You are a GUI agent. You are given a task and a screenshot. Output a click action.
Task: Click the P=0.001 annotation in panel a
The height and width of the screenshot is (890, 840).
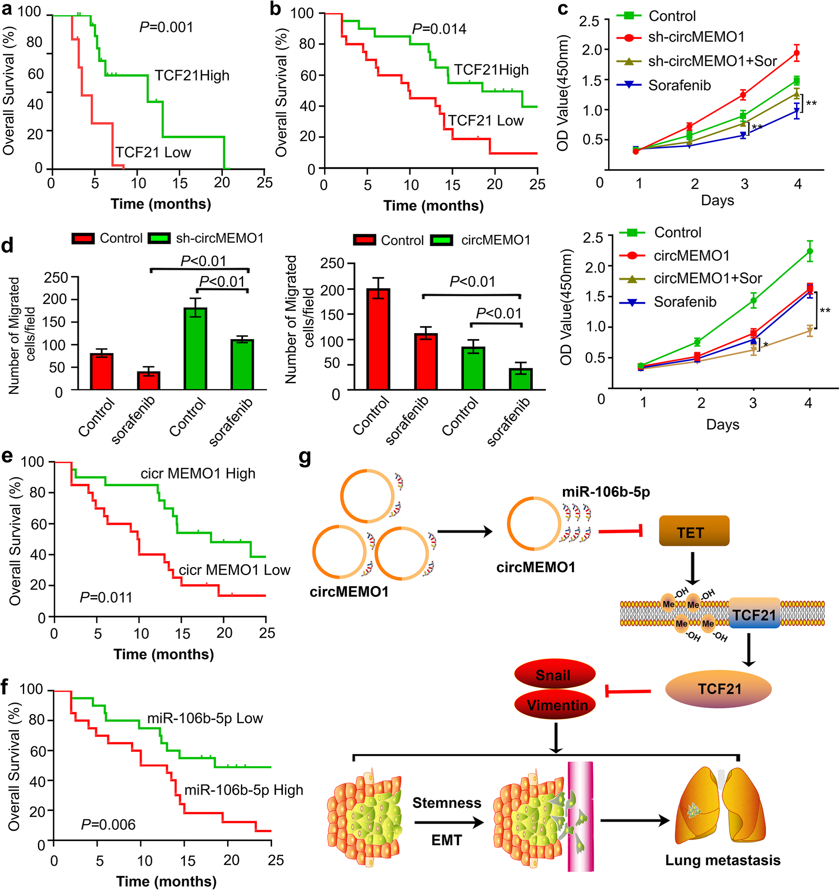click(x=166, y=28)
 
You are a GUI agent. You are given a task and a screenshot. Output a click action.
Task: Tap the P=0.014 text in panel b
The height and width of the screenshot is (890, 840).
click(x=439, y=29)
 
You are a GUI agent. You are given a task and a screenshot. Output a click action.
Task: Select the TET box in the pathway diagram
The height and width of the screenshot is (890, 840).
click(x=694, y=531)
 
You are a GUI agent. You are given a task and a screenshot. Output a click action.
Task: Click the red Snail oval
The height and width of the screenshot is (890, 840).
click(x=555, y=675)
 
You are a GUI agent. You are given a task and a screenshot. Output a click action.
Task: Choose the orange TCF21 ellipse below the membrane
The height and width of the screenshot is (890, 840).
click(x=719, y=688)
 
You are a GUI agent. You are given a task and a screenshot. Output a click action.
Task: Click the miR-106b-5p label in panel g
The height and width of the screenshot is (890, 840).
click(x=606, y=492)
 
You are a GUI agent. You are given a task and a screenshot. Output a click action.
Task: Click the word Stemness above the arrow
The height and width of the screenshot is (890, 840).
click(x=447, y=803)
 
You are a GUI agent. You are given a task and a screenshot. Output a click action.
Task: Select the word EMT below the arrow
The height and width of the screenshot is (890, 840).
click(x=446, y=840)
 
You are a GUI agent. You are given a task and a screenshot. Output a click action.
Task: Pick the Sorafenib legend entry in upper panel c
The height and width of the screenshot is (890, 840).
click(x=664, y=85)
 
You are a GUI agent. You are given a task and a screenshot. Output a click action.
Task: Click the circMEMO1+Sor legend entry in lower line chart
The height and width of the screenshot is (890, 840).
click(x=690, y=279)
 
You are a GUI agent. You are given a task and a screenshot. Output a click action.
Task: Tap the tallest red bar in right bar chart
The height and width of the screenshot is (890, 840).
click(x=378, y=339)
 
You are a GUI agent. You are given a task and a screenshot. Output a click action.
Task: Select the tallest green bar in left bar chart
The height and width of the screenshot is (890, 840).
click(x=195, y=349)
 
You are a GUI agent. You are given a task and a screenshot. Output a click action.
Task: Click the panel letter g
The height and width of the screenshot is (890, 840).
click(x=305, y=458)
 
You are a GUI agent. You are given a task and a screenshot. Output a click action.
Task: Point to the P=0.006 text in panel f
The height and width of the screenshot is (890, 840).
click(x=108, y=824)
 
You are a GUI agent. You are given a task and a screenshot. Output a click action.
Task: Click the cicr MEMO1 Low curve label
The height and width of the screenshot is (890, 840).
click(x=234, y=570)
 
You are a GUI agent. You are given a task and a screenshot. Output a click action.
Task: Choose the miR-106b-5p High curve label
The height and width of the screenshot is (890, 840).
click(x=244, y=790)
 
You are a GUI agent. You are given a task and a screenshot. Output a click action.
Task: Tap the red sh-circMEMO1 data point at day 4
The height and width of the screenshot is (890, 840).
click(x=797, y=53)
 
